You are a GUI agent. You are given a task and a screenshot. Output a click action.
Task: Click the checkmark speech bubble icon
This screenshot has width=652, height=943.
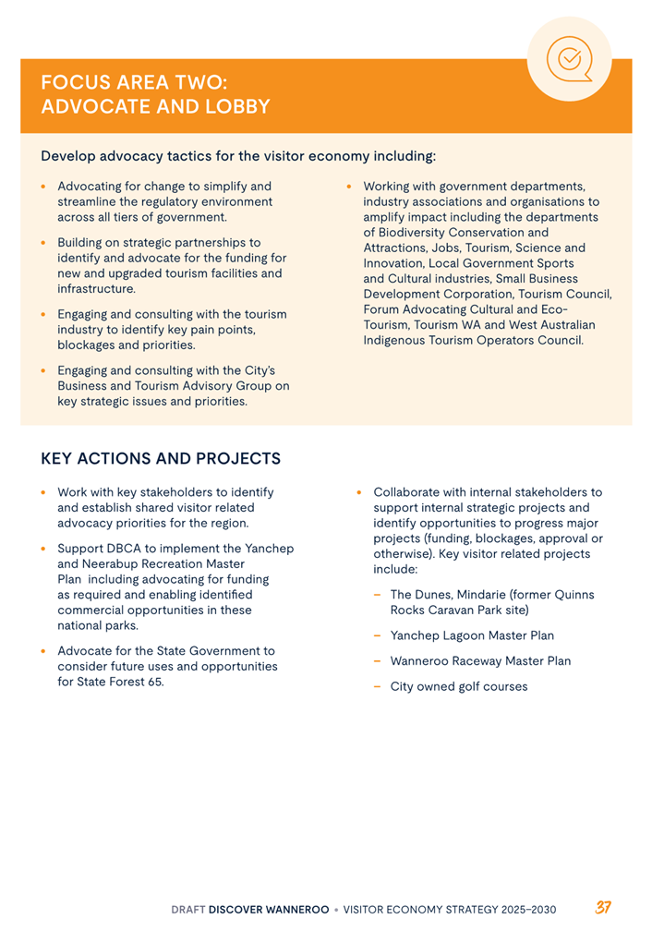570,59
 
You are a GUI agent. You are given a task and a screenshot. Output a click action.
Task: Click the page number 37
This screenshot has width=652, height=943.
603,908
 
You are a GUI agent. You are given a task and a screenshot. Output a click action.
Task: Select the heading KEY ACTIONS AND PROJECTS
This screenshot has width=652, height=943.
161,458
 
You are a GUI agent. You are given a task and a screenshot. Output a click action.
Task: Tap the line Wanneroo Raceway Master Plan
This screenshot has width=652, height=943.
480,660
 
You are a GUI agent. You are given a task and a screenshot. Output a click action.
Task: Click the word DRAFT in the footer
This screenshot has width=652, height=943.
187,909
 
